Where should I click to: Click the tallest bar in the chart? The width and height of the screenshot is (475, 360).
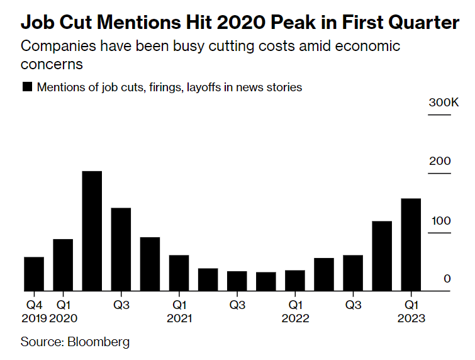click(92, 231)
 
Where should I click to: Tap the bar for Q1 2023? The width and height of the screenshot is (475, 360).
click(411, 245)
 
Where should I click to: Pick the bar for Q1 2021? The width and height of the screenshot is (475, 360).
click(179, 273)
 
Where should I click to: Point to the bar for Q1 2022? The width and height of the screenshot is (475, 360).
click(294, 281)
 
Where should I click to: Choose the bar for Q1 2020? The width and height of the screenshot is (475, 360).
click(63, 265)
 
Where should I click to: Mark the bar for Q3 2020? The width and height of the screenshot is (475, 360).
click(121, 249)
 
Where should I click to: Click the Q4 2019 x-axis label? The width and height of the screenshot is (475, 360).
click(33, 312)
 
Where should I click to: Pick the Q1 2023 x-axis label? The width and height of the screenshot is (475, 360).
click(411, 312)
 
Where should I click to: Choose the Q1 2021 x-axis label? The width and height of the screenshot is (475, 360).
click(179, 312)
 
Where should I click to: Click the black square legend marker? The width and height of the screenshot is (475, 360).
click(27, 87)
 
